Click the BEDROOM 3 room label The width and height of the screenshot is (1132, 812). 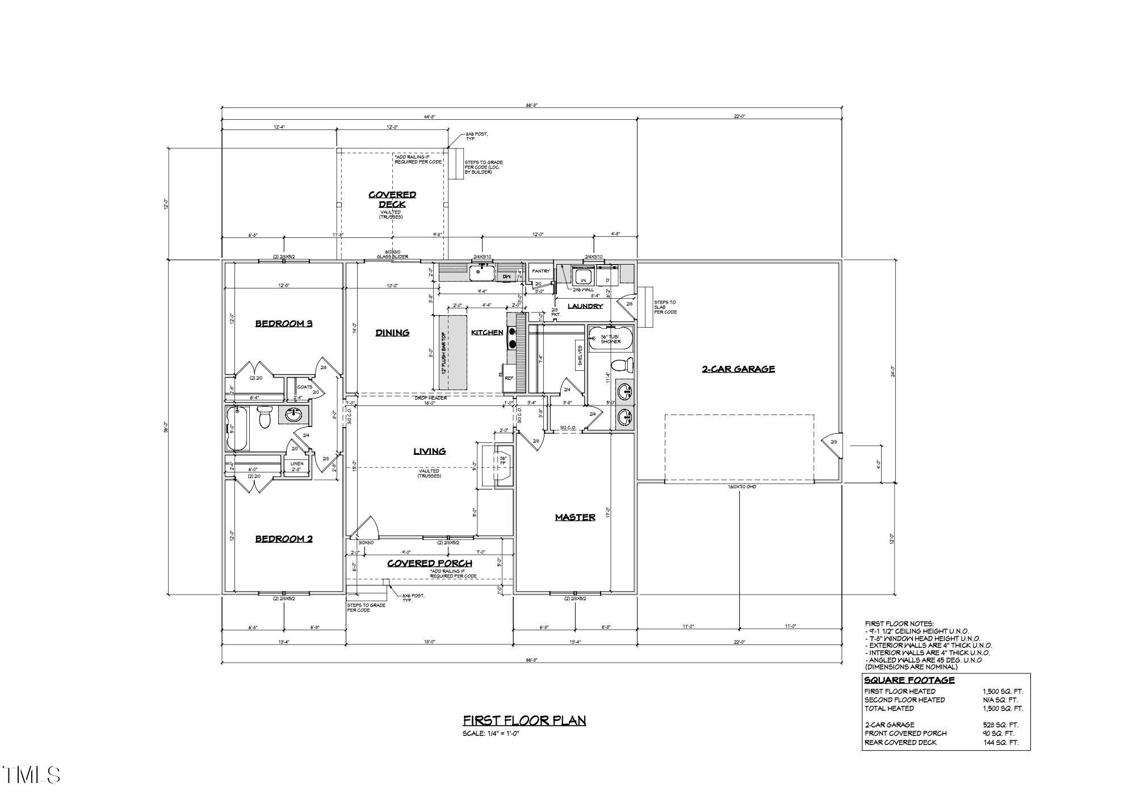coord(284,324)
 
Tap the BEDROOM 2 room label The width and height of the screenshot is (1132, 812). coord(284,539)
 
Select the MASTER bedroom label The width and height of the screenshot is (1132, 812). coord(575,517)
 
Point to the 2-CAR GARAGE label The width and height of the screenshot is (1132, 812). coord(738,369)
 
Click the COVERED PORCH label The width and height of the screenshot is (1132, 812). coord(430,563)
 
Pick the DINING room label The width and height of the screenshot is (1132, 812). coord(392,333)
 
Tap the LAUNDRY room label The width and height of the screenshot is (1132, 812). coord(585,306)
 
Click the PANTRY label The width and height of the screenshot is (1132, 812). coord(540,271)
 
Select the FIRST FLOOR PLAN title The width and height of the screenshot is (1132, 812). coord(524,721)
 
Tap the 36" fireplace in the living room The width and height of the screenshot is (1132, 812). coord(502,466)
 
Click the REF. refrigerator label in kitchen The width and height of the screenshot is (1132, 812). coord(509,378)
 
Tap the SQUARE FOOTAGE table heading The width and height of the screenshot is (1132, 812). coord(909,680)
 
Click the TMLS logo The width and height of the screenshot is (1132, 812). coord(31,775)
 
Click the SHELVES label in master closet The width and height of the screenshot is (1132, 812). coord(580,356)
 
